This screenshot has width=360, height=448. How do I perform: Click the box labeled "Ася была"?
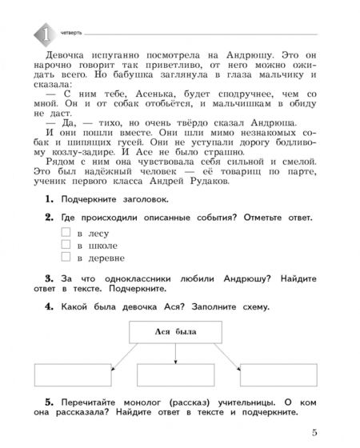click(174, 332)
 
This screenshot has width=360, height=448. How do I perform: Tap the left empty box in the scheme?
click(73, 376)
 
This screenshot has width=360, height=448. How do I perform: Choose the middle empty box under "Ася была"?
click(174, 376)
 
